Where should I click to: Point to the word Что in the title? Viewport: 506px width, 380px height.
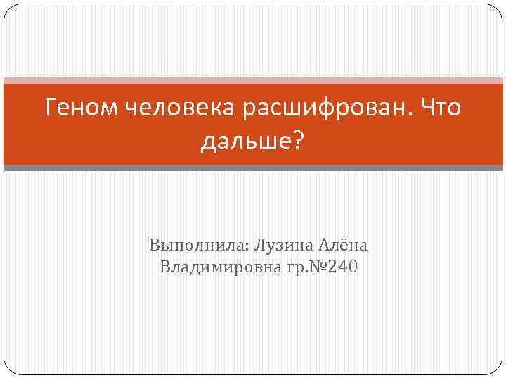tap(441, 108)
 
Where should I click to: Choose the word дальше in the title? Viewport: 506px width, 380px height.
tap(245, 142)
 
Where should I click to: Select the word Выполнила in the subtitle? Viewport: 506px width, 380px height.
tap(186, 246)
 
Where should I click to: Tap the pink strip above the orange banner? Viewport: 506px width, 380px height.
tap(253, 81)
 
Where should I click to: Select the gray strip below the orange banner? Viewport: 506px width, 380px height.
tap(253, 167)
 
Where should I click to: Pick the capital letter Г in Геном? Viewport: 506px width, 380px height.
tap(51, 108)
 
